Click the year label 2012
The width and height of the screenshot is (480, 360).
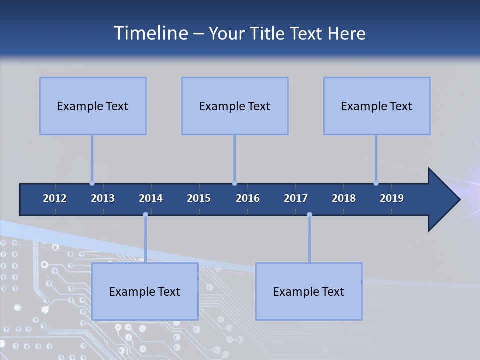55,198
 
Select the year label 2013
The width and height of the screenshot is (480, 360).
103,198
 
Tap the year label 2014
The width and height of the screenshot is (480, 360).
151,198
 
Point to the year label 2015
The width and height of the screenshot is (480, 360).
199,198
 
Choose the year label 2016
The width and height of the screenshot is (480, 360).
248,198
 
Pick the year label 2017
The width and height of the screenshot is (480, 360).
296,198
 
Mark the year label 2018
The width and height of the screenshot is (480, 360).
344,198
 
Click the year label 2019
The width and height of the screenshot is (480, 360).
392,198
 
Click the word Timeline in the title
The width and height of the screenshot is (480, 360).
151,33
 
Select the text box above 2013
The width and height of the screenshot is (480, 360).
93,106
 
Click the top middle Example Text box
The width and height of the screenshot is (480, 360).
235,106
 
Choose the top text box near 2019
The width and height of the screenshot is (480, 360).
377,106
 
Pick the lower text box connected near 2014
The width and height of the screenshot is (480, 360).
145,291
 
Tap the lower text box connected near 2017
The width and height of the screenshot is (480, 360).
309,291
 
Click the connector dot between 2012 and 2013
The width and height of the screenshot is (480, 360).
92,183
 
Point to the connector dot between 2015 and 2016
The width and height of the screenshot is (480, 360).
234,183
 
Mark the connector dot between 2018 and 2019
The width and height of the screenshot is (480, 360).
376,183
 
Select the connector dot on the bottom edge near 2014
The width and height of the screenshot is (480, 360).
145,215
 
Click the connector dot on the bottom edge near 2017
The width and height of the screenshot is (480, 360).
309,215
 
